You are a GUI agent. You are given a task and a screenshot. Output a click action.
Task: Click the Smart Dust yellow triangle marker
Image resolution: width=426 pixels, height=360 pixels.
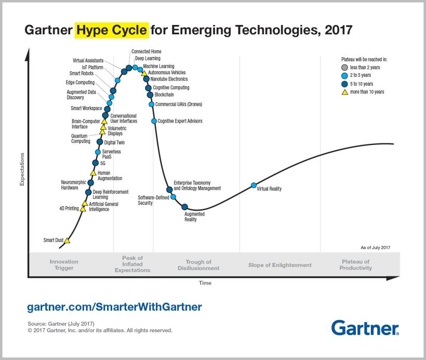pos(66,241)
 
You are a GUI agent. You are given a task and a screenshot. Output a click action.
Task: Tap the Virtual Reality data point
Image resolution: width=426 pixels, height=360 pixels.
pos(254,185)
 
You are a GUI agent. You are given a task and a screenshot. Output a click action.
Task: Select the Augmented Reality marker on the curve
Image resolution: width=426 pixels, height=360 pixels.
pos(184,207)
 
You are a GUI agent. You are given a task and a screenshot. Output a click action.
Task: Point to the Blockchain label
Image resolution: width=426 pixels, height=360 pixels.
pos(164,95)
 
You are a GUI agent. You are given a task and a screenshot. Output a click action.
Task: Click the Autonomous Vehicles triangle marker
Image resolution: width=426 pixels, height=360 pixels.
pos(144,73)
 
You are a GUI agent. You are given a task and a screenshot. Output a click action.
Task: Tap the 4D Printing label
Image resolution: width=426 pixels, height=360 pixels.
pos(69,208)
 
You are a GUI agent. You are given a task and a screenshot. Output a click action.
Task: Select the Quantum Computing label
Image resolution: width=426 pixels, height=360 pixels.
pos(81,138)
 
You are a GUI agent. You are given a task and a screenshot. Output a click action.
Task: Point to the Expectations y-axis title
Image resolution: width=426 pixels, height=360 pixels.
pos(22,169)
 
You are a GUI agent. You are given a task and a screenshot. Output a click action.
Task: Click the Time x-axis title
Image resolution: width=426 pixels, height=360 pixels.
pos(205,283)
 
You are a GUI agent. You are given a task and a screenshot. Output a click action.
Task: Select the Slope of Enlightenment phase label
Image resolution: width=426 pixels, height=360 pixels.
pos(280,265)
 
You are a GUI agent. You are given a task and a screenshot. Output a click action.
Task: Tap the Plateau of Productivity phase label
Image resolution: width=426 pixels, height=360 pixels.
pos(356,265)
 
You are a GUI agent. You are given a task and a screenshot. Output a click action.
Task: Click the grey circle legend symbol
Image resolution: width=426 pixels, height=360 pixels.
pos(344,68)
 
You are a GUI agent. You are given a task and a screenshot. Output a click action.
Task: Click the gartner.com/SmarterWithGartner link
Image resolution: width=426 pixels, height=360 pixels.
pos(114,307)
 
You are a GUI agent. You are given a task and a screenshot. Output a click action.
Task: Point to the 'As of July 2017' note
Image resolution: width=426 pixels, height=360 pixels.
pos(375,247)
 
